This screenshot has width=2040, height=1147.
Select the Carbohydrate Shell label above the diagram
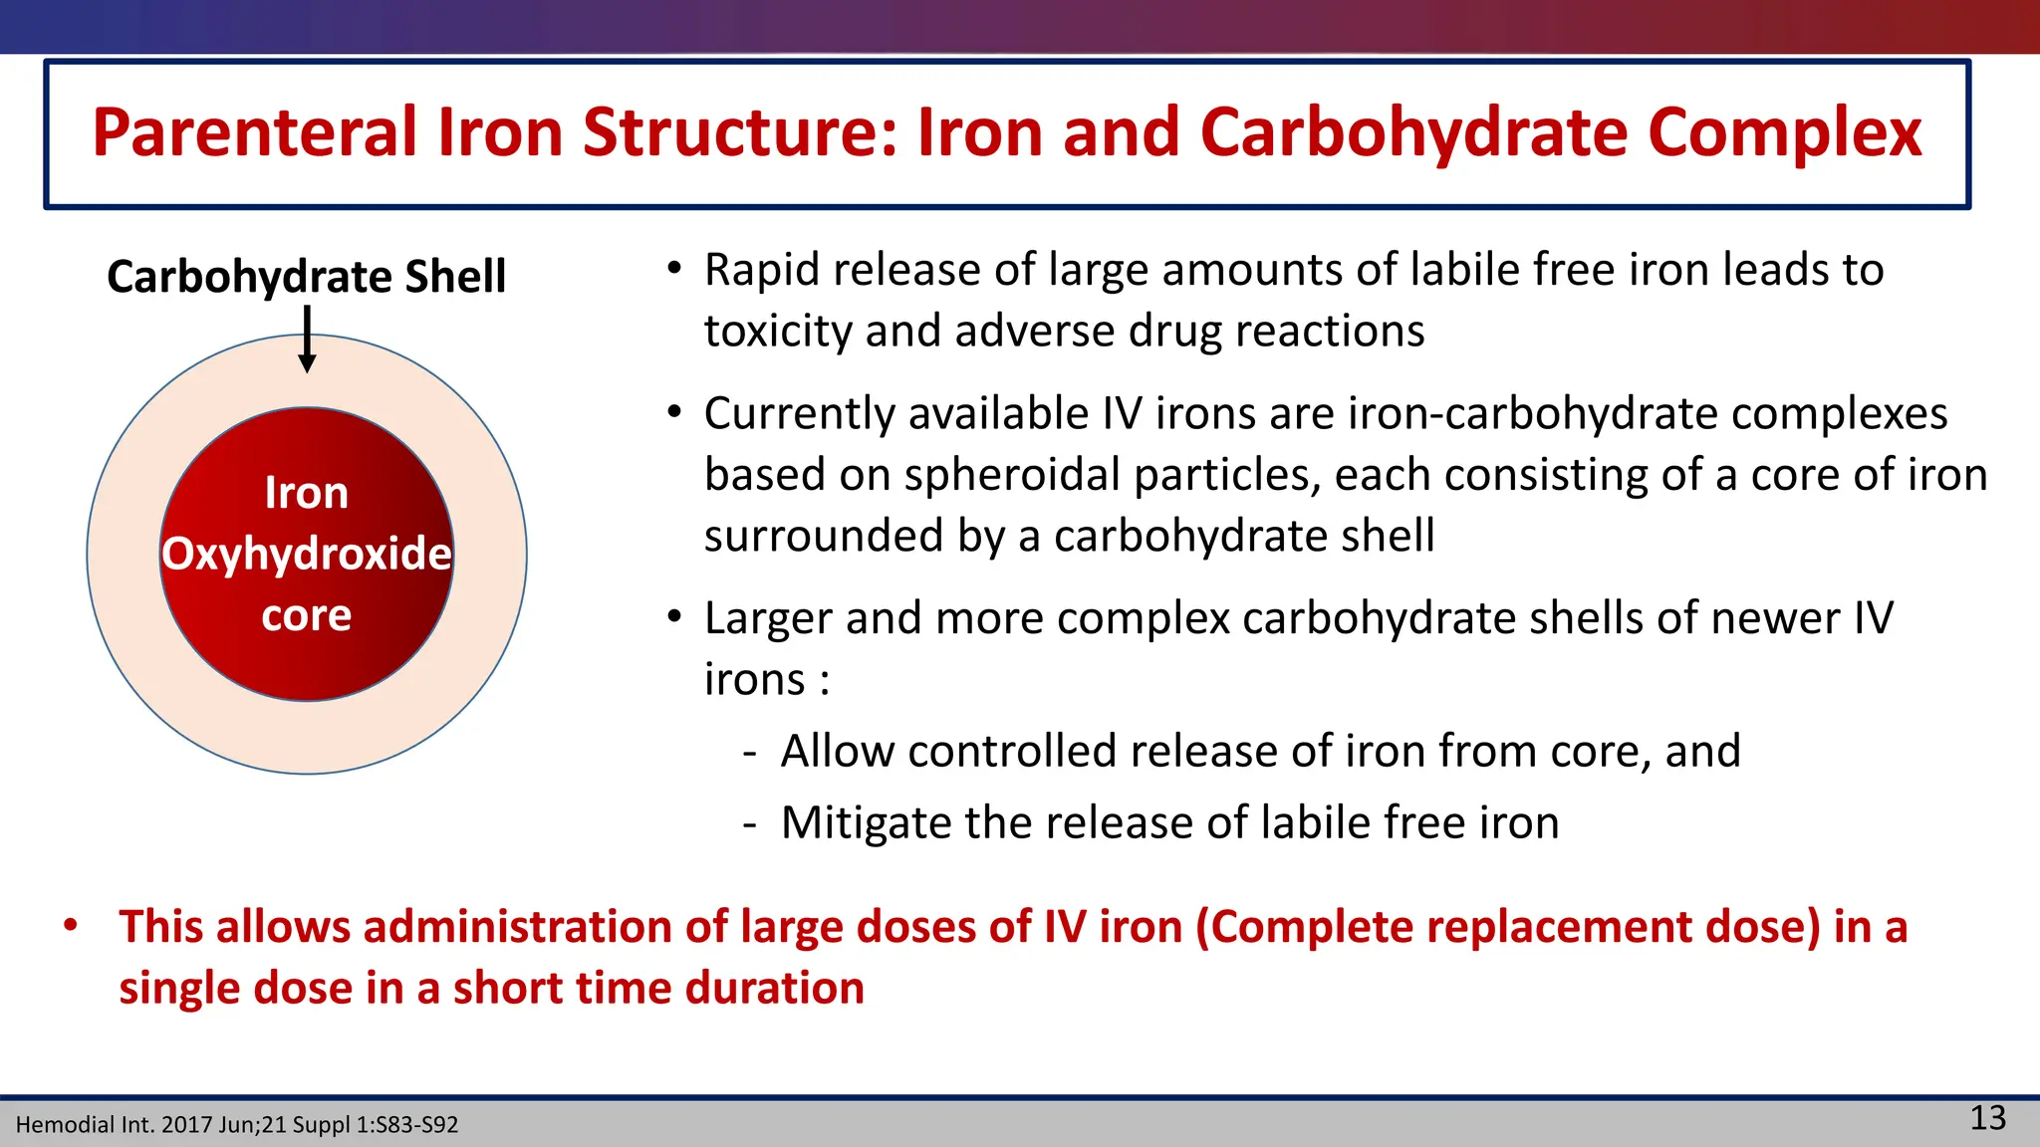click(307, 277)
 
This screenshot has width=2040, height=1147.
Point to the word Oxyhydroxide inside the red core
click(307, 554)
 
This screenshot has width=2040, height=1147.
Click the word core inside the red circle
click(307, 615)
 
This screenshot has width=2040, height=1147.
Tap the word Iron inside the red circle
click(307, 493)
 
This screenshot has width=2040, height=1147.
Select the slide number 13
click(1988, 1118)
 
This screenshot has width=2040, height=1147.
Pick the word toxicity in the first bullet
click(767, 332)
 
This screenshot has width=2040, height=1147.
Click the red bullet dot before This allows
click(71, 926)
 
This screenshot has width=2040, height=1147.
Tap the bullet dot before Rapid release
click(674, 269)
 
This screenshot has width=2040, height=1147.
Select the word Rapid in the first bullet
click(761, 271)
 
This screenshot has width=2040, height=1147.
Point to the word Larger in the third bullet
click(767, 618)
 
